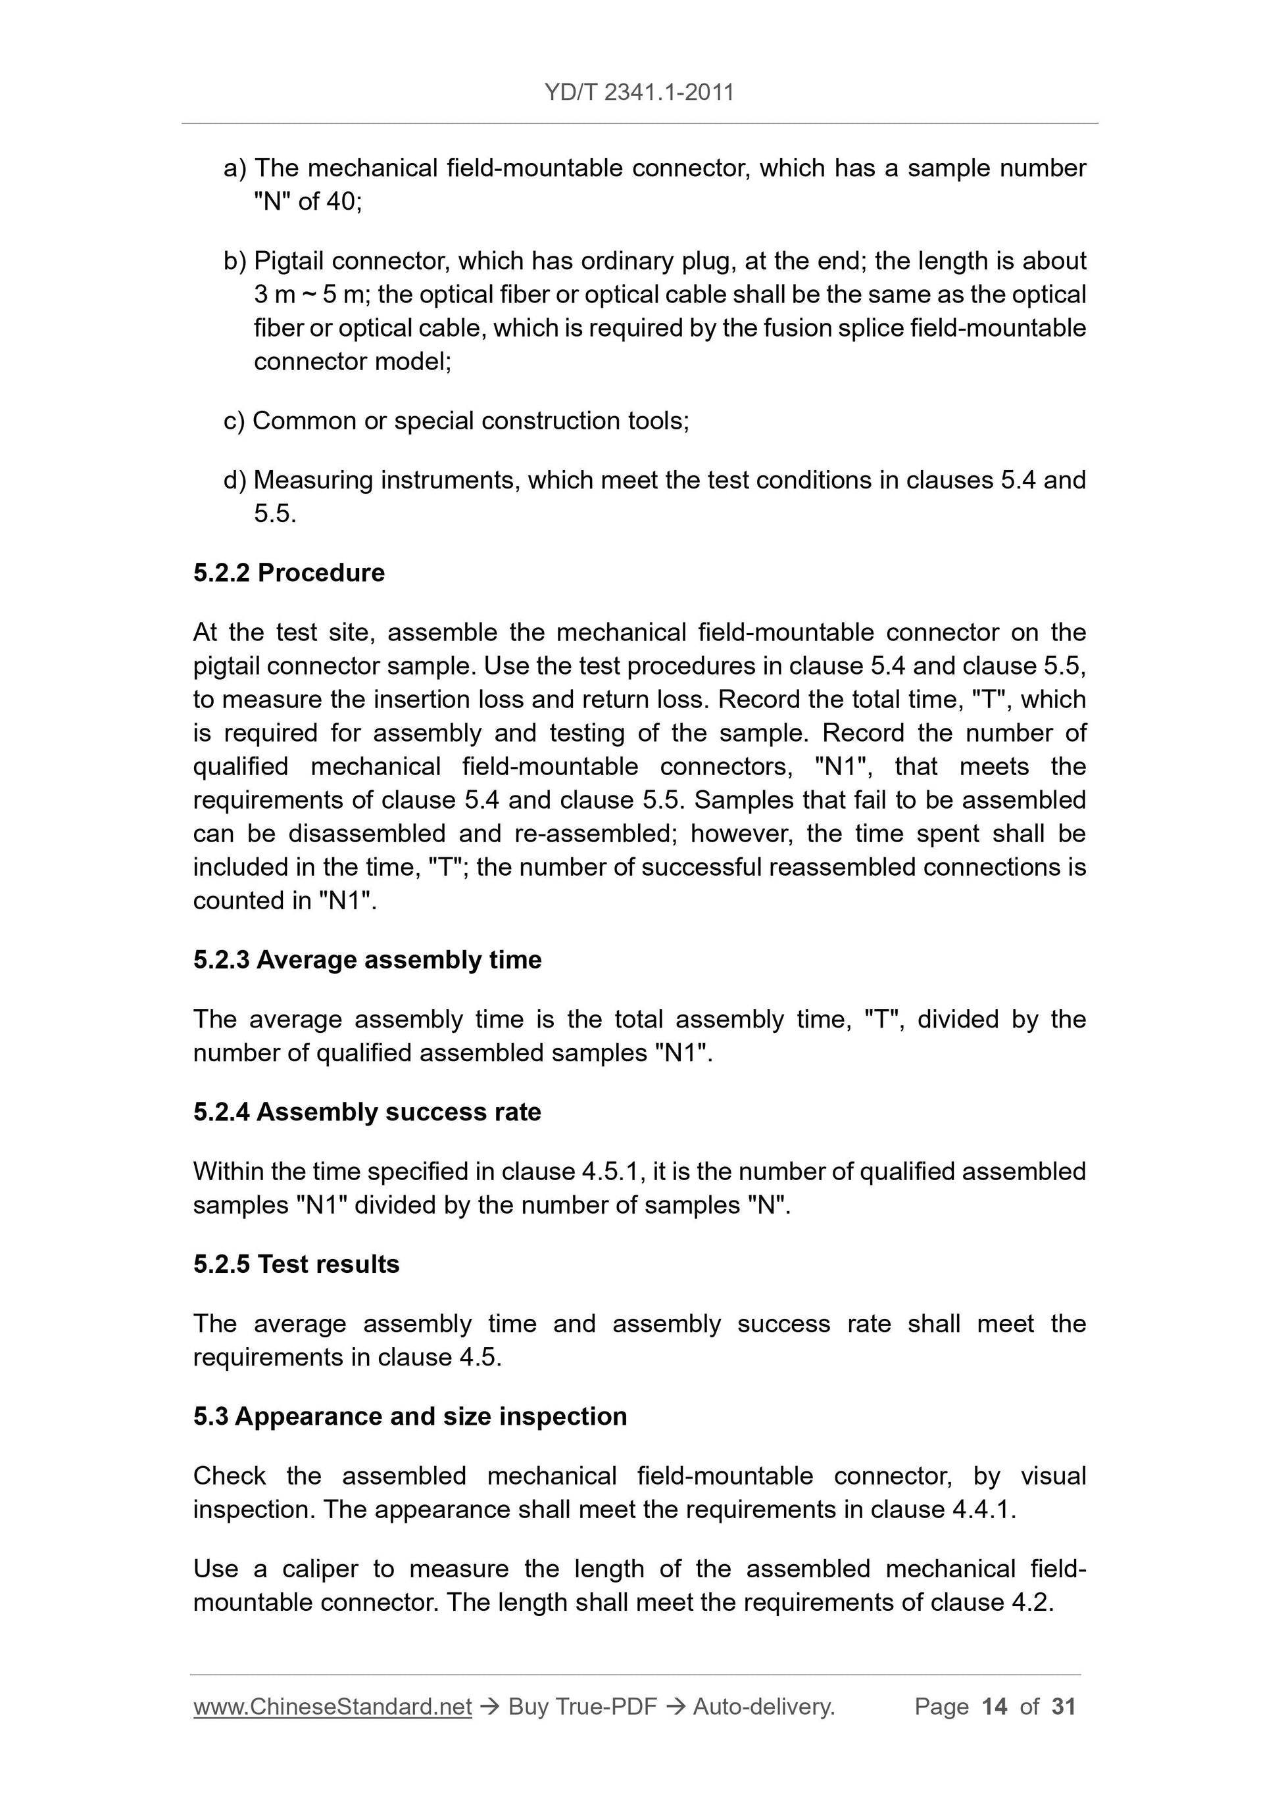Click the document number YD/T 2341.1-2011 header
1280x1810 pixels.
click(x=639, y=93)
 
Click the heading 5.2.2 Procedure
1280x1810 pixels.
click(x=289, y=573)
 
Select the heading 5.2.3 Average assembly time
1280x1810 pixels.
click(x=367, y=959)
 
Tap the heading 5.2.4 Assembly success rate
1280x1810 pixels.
click(x=367, y=1112)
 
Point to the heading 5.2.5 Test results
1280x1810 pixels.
click(x=296, y=1264)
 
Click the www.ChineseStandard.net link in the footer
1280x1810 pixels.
click(x=332, y=1707)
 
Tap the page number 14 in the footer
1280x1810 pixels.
click(x=995, y=1707)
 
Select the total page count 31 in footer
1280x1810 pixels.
click(x=1064, y=1707)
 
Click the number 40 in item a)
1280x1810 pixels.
click(x=341, y=202)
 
